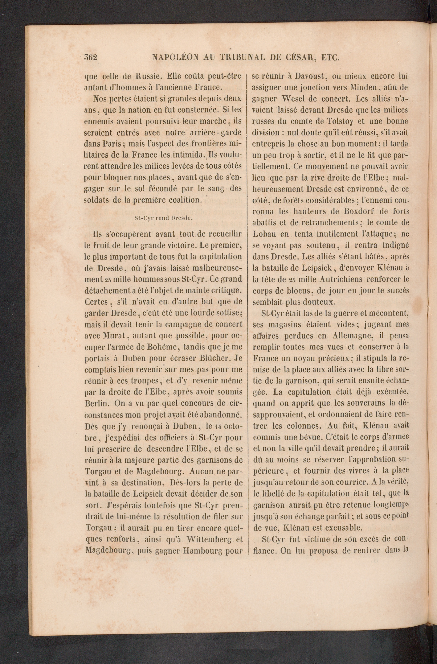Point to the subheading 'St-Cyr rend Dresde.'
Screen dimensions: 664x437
click(x=164, y=218)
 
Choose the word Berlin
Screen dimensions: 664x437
click(x=95, y=403)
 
